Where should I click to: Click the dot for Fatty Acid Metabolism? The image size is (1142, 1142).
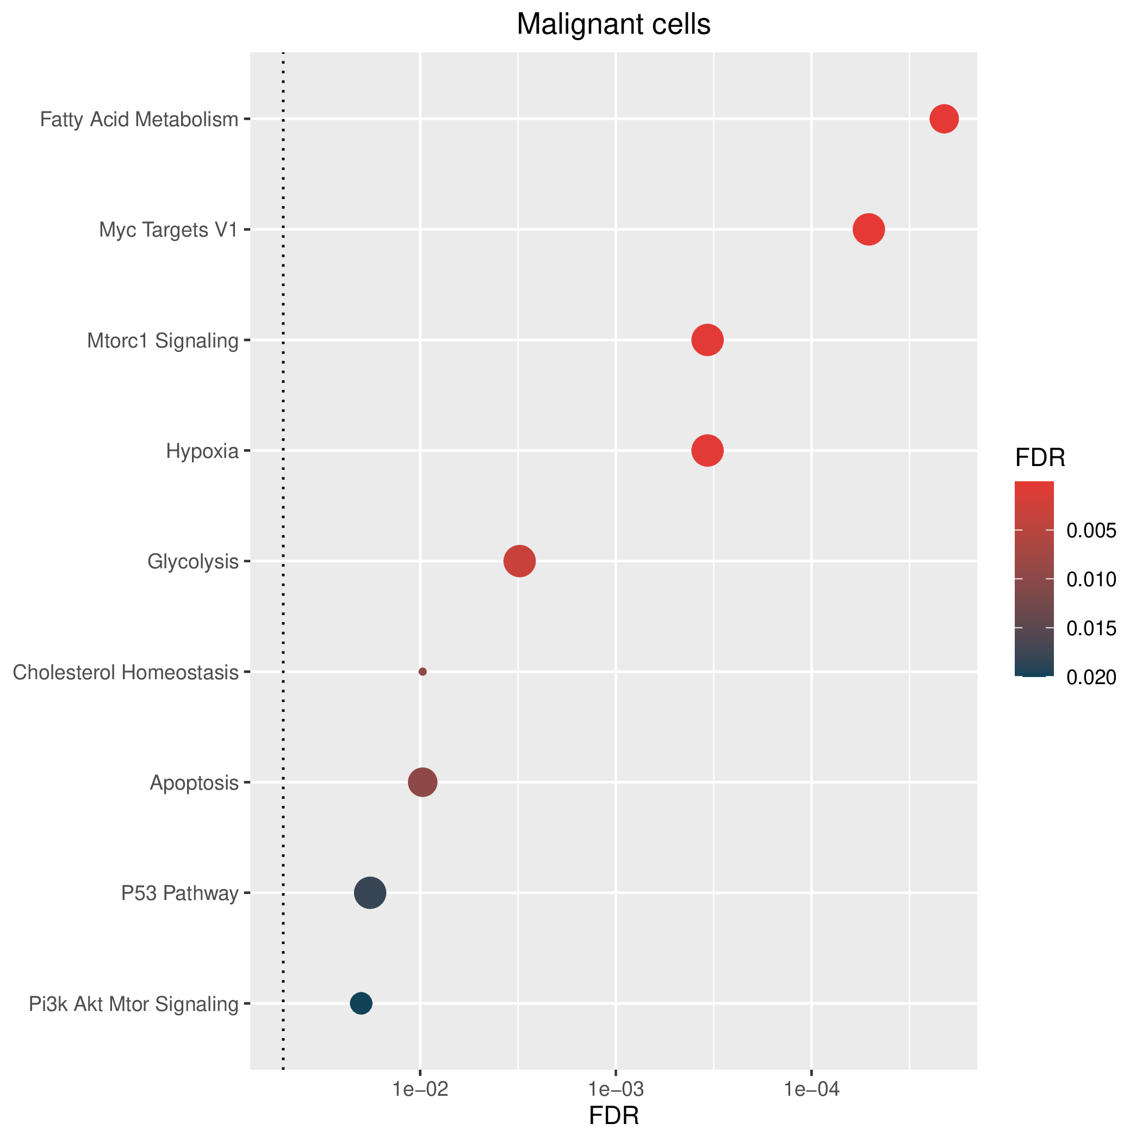click(x=944, y=119)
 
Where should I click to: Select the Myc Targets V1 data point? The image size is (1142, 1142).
click(x=868, y=229)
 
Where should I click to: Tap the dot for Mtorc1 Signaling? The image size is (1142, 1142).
click(x=707, y=340)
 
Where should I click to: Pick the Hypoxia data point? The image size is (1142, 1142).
click(x=707, y=450)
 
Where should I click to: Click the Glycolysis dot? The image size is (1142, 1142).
click(x=519, y=561)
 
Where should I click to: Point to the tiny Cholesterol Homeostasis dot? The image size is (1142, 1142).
click(x=423, y=672)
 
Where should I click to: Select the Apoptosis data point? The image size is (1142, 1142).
click(x=423, y=783)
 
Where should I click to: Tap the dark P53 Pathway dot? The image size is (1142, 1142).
click(x=370, y=892)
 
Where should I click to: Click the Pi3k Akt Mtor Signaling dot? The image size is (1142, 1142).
click(x=361, y=1003)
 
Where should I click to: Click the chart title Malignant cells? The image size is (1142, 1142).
click(x=613, y=25)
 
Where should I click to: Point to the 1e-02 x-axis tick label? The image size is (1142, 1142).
click(x=420, y=1089)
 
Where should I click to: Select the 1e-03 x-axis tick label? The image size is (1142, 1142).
click(x=616, y=1089)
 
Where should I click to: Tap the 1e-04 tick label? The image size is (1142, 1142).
click(x=811, y=1089)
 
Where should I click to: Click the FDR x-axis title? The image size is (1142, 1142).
click(x=614, y=1116)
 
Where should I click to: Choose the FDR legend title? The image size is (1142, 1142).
click(x=1040, y=457)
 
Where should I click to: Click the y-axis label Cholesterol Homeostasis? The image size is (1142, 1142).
click(x=125, y=673)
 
